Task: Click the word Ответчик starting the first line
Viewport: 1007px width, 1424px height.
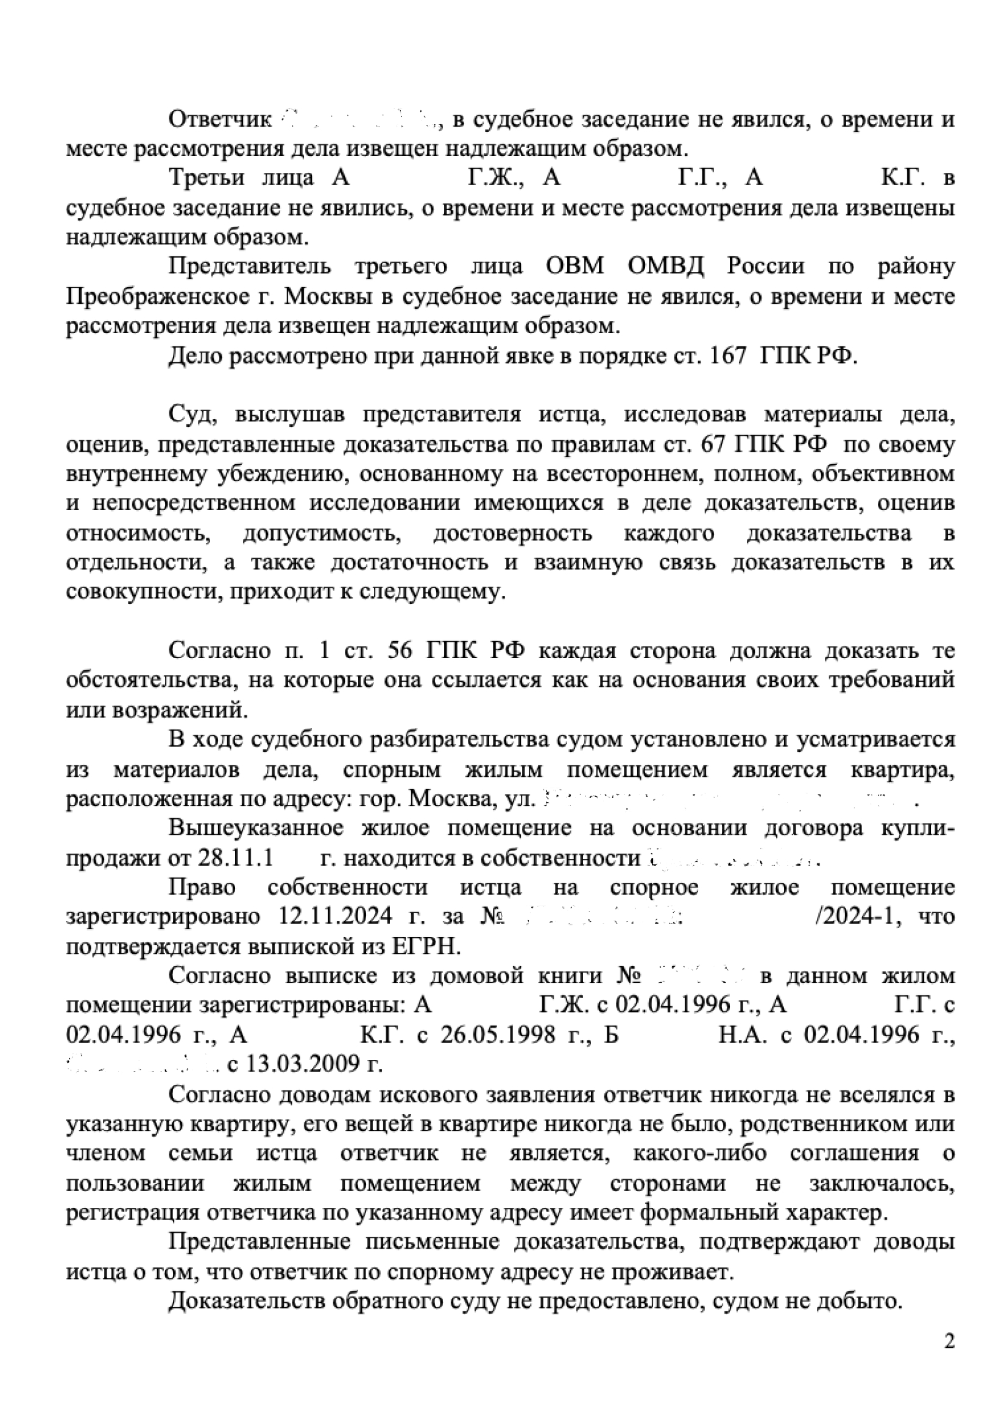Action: [x=220, y=119]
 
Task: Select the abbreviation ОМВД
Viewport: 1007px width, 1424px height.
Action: [x=665, y=266]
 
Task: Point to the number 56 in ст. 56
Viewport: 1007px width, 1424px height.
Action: [x=400, y=651]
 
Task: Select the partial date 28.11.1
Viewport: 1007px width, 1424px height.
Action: [x=235, y=858]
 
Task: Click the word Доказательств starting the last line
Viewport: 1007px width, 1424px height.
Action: [x=247, y=1300]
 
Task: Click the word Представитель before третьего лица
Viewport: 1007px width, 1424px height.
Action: [x=249, y=266]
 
